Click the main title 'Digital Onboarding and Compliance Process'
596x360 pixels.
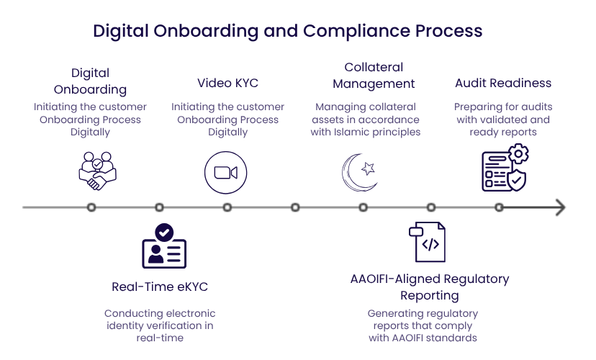[x=287, y=32]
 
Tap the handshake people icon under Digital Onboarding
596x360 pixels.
[x=97, y=171]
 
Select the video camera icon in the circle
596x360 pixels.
[x=225, y=173]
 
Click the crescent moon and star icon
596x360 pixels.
[x=358, y=173]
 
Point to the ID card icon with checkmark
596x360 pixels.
[x=164, y=246]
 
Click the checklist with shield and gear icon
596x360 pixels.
[x=505, y=168]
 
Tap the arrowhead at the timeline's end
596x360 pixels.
[x=559, y=207]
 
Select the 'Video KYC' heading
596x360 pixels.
[x=227, y=83]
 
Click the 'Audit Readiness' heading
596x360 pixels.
[x=503, y=83]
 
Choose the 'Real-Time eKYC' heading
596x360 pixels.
[x=160, y=287]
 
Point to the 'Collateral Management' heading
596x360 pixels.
[x=373, y=76]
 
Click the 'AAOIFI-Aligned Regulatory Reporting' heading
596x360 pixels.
[x=429, y=287]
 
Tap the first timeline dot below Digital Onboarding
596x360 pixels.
[x=91, y=207]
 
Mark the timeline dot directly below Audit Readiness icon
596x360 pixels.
[x=499, y=207]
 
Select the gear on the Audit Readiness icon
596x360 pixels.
[x=518, y=154]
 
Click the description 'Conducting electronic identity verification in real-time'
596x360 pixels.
[x=160, y=325]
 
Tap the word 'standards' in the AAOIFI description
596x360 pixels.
[x=455, y=338]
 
